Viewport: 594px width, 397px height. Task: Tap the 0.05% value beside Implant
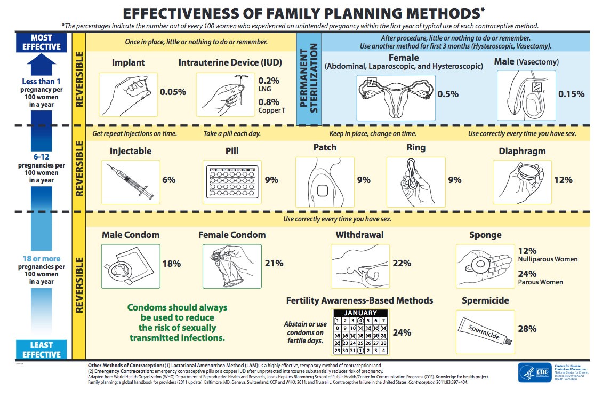pyautogui.click(x=173, y=92)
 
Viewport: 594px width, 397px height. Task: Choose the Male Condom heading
pyautogui.click(x=131, y=234)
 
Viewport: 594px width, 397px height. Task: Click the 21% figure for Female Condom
pyautogui.click(x=274, y=263)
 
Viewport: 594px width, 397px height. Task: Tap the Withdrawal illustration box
pyautogui.click(x=359, y=263)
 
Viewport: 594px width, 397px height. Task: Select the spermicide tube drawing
pyautogui.click(x=485, y=330)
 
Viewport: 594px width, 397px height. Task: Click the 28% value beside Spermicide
pyautogui.click(x=527, y=329)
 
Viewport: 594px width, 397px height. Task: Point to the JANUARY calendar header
pyautogui.click(x=360, y=313)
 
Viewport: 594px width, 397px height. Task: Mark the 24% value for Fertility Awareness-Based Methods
pyautogui.click(x=402, y=332)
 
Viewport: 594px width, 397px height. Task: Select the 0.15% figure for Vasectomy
pyautogui.click(x=571, y=94)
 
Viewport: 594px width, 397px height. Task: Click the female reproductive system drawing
pyautogui.click(x=396, y=97)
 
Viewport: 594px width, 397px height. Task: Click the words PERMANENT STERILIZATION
pyautogui.click(x=309, y=79)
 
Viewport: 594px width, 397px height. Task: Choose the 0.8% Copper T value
pyautogui.click(x=269, y=101)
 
